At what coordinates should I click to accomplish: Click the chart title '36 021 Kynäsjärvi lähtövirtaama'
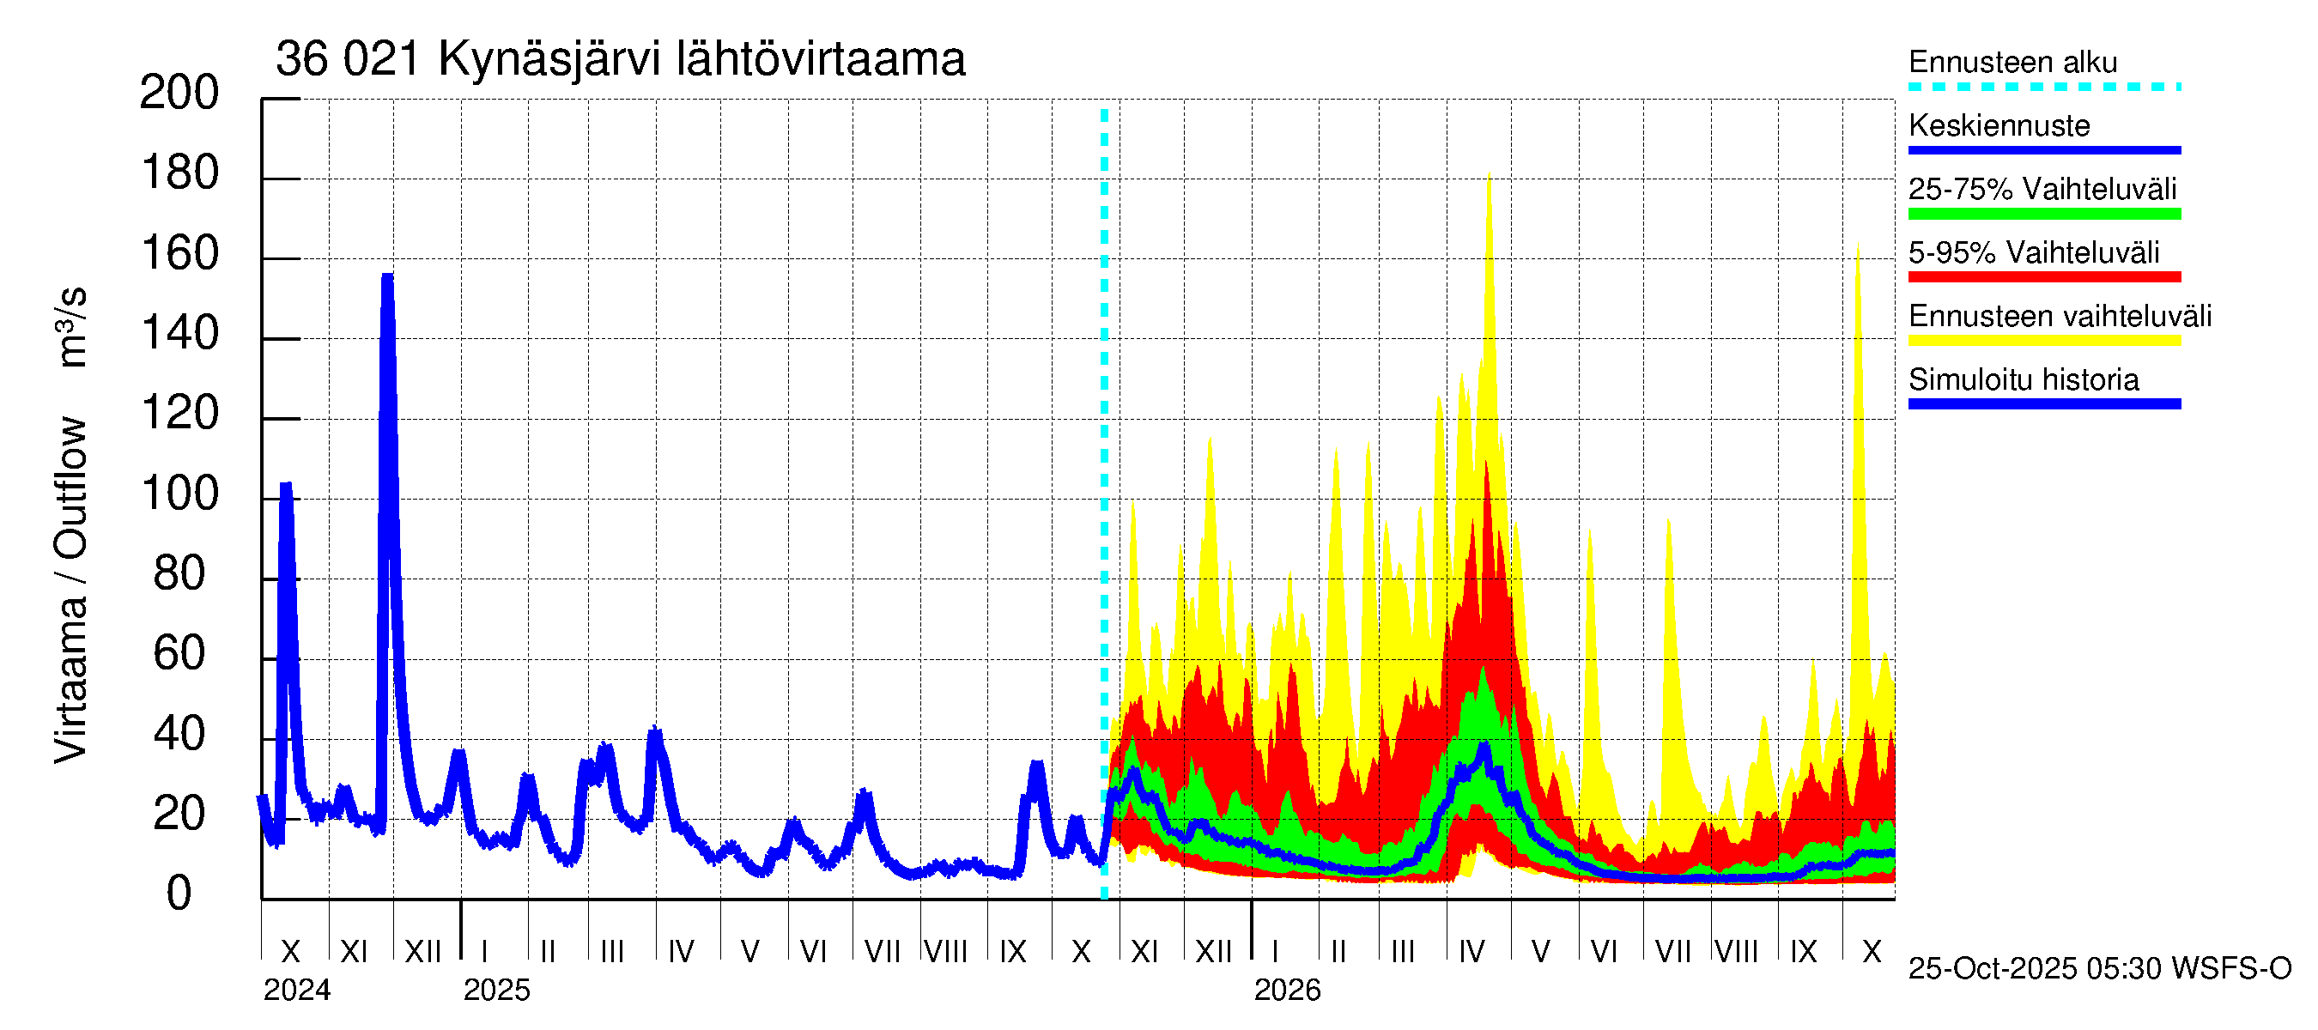tap(620, 59)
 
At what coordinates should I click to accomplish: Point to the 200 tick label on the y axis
tap(179, 93)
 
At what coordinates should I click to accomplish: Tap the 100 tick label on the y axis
tap(179, 494)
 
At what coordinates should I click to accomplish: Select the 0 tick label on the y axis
tap(179, 894)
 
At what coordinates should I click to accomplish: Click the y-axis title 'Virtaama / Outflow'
tap(70, 589)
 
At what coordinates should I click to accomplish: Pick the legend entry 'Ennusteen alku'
tap(2012, 63)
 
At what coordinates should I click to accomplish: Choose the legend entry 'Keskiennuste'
tap(1999, 126)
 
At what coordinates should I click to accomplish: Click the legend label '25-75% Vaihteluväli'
tap(2042, 190)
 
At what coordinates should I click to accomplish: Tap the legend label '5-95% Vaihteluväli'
tap(2033, 252)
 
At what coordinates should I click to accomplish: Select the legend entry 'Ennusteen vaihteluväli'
tap(2059, 317)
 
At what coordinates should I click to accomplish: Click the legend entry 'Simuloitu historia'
tap(2023, 380)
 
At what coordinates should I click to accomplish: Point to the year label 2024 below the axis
tap(297, 991)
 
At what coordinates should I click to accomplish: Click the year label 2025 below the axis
tap(497, 991)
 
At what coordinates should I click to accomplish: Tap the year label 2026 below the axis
tap(1287, 991)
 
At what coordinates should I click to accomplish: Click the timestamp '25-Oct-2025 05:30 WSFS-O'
tap(2099, 969)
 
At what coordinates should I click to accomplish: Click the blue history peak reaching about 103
tap(286, 487)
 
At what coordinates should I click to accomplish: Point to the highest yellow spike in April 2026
tap(1490, 175)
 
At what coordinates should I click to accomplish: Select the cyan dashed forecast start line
tap(1104, 504)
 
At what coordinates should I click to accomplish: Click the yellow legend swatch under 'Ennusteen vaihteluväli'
tap(2043, 341)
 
